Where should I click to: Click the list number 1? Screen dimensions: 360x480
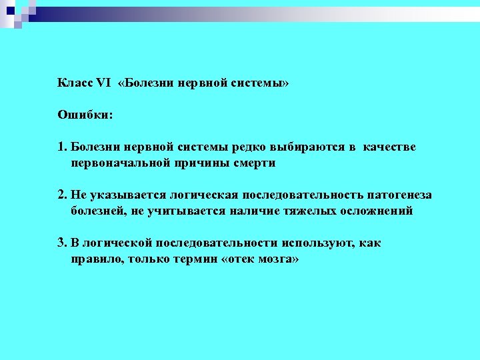coord(61,147)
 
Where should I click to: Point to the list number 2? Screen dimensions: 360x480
coord(61,195)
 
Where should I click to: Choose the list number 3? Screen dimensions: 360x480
coord(61,243)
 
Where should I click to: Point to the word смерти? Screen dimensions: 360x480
coord(253,163)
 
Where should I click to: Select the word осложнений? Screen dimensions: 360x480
coord(377,211)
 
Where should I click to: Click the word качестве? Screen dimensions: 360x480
coord(389,147)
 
